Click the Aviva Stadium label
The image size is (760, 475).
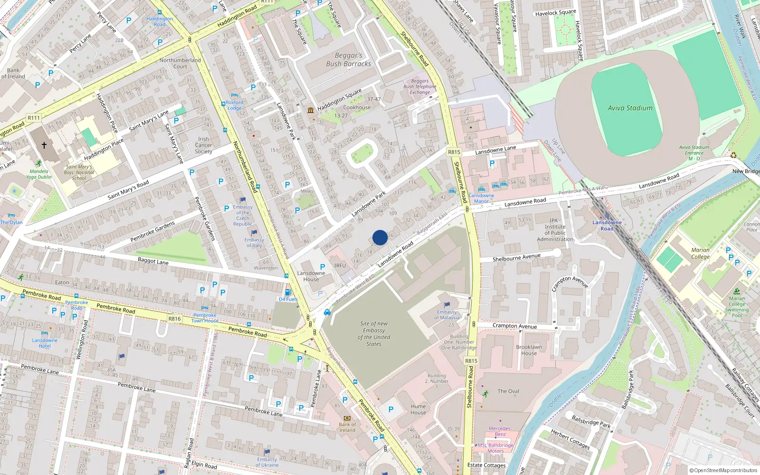tap(630, 108)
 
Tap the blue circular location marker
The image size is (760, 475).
tap(380, 237)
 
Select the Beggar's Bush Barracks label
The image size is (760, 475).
tap(348, 60)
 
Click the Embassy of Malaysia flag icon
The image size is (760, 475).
tap(447, 304)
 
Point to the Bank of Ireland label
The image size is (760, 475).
tap(347, 427)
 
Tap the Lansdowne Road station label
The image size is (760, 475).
tap(607, 226)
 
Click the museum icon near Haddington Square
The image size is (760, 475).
tap(311, 110)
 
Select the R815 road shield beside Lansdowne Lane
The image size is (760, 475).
tap(454, 152)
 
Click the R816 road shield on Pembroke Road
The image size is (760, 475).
tap(174, 319)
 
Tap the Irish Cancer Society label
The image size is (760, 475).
tap(203, 145)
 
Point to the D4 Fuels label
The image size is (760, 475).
tap(288, 299)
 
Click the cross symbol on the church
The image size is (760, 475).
tap(44, 145)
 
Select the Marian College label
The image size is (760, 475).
tap(700, 253)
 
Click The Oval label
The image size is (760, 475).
tap(508, 391)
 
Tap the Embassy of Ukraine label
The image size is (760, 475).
tap(267, 462)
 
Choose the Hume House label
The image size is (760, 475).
tap(418, 409)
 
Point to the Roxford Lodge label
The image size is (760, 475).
tap(234, 105)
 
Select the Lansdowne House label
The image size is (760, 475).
tap(311, 276)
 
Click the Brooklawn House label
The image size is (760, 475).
tap(529, 350)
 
